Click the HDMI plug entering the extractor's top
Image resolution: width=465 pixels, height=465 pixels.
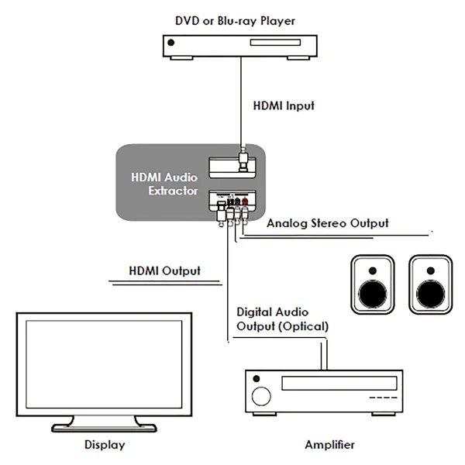click(243, 164)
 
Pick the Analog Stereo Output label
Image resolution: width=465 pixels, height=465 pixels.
click(328, 223)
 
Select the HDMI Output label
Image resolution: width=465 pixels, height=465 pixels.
click(164, 271)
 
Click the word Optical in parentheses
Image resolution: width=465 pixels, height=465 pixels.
click(305, 326)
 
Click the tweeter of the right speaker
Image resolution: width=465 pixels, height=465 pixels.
click(430, 270)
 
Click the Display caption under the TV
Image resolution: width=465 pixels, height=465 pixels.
click(104, 445)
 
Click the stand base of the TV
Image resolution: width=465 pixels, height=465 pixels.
click(104, 426)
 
